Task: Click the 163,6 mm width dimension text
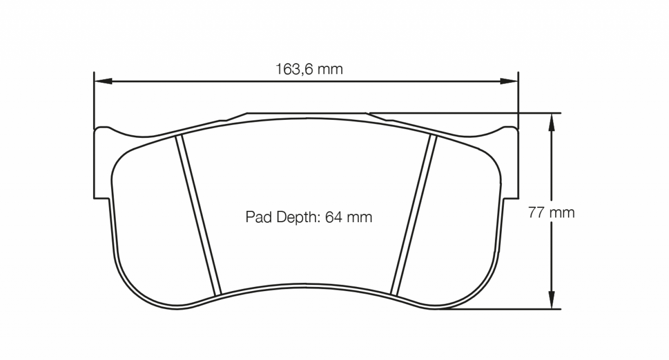point(309,69)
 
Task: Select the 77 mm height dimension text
point(551,213)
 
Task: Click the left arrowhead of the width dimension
point(102,82)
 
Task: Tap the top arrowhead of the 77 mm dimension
point(551,121)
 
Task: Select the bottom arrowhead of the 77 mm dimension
point(551,300)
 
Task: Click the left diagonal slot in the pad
point(200,215)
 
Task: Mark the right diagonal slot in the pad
point(413,215)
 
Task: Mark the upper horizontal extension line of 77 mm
point(463,112)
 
